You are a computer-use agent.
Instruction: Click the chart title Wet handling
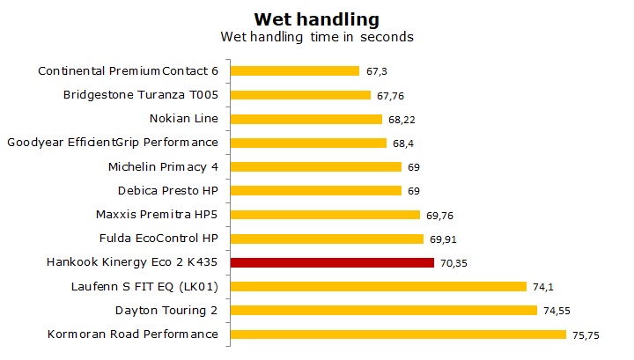tap(316, 18)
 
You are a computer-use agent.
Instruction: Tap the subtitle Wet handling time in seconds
tap(316, 37)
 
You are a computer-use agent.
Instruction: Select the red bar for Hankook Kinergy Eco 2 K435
tap(332, 262)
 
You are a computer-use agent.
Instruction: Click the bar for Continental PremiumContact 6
tap(294, 70)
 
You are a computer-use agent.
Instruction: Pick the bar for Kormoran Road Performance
tap(398, 334)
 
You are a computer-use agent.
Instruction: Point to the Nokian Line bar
tap(306, 119)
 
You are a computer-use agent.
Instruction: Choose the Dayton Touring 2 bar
tap(383, 310)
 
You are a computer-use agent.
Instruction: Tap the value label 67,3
tap(376, 71)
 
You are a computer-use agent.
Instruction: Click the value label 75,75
tap(587, 334)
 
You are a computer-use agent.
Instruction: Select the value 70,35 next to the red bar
tap(455, 262)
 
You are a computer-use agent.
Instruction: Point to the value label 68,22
tap(402, 119)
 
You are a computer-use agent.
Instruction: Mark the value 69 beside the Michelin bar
tap(412, 166)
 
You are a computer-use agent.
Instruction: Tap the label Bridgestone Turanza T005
tap(141, 94)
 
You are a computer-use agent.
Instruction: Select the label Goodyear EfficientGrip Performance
tap(112, 143)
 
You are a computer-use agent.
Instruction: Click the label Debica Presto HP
tap(167, 190)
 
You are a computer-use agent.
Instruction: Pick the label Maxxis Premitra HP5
tap(156, 214)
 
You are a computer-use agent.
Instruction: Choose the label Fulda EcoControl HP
tap(158, 238)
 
